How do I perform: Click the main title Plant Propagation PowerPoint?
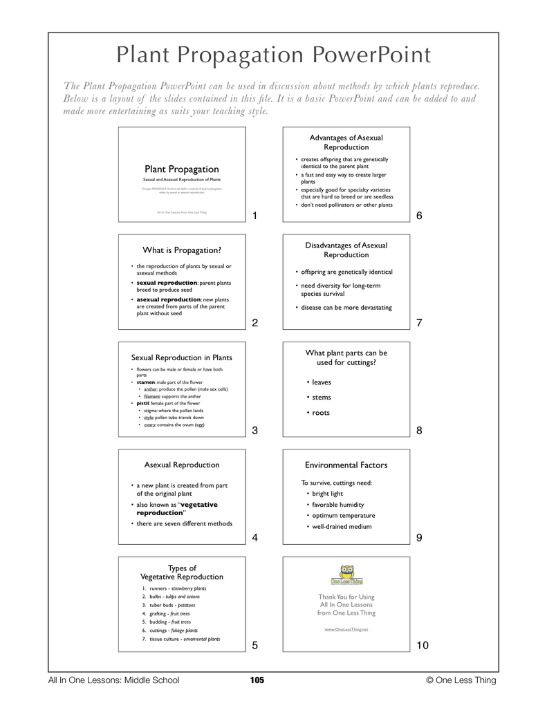coord(273,55)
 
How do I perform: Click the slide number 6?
coord(419,216)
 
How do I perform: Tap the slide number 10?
coord(422,645)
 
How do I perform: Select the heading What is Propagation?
coord(181,250)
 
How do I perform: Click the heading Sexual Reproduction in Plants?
coord(181,357)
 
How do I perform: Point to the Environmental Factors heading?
coord(346,465)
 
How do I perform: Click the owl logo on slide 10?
coord(346,573)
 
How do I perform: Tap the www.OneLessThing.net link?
coord(346,630)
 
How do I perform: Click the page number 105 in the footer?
coord(257,680)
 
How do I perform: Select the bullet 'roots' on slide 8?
coord(320,413)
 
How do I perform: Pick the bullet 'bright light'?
coord(327,494)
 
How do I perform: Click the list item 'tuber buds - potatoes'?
coord(163,605)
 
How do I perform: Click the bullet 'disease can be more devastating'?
coord(346,308)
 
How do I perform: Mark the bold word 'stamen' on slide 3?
coord(146,382)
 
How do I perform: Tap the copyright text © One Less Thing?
coord(461,680)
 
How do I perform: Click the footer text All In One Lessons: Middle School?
coord(113,680)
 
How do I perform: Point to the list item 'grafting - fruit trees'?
coord(165,613)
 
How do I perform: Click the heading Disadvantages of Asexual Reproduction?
coord(346,250)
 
